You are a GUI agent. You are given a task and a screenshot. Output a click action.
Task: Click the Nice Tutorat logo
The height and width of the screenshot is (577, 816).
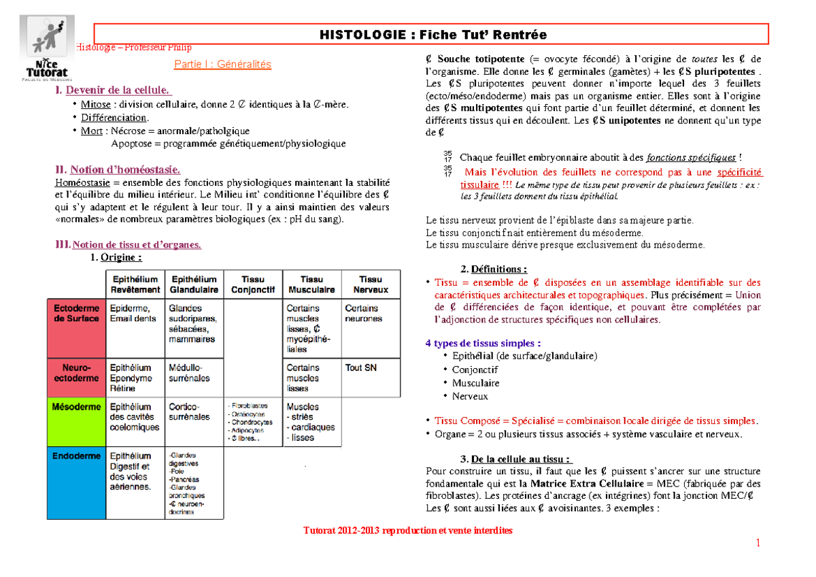(x=48, y=48)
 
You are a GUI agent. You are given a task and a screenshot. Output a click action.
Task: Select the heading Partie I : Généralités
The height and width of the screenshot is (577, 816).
(x=223, y=65)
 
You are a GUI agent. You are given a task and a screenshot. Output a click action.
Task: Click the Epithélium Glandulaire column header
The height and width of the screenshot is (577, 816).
(x=194, y=284)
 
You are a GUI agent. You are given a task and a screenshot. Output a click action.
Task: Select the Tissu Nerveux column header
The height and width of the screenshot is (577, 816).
(x=371, y=284)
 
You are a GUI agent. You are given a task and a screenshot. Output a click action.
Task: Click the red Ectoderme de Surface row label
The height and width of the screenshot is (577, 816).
(x=76, y=313)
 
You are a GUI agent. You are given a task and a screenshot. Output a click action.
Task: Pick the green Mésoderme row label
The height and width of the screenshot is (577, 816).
(x=76, y=407)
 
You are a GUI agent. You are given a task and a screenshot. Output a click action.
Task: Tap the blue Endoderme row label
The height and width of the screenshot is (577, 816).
(x=76, y=457)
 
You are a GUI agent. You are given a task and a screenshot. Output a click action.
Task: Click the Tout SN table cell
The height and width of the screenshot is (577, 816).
(x=361, y=368)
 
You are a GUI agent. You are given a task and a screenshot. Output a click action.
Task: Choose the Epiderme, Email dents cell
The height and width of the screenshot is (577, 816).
(x=134, y=313)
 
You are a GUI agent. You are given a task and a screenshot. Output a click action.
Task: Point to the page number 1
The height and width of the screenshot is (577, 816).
(x=758, y=542)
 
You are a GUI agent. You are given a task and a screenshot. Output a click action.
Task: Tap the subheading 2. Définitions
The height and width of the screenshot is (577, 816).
(x=494, y=269)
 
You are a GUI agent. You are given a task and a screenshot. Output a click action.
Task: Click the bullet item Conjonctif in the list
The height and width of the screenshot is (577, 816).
(x=475, y=369)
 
